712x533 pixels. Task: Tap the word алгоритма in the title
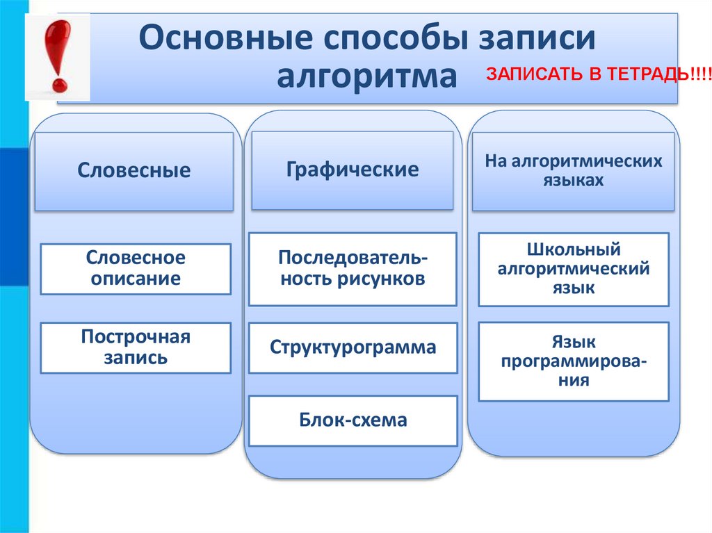point(368,76)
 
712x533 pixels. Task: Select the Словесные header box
point(133,171)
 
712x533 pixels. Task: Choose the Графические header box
point(352,170)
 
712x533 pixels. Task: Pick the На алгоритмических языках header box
point(573,171)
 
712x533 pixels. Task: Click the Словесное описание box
point(136,268)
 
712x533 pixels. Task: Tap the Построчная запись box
point(136,347)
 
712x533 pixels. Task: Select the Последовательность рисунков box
point(353,269)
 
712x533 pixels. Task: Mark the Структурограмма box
point(353,347)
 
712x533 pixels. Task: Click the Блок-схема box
point(353,420)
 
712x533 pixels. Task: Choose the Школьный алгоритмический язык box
point(574,269)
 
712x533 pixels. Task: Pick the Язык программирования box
point(574,361)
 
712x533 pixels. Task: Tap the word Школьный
point(574,250)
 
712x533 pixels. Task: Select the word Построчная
point(136,338)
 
